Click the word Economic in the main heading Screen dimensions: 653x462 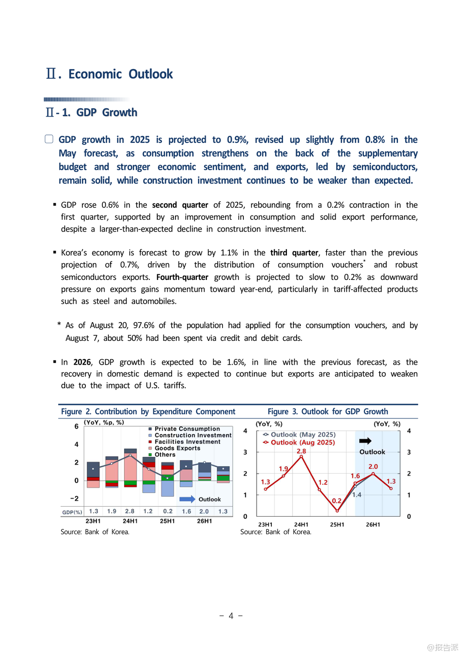pos(95,74)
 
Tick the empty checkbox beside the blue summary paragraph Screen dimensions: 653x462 pos(49,139)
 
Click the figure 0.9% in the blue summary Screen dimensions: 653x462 pos(237,140)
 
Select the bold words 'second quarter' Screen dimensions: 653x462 pos(180,205)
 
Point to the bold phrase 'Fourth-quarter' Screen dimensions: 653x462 pos(182,277)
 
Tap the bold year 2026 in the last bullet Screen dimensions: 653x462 pos(82,362)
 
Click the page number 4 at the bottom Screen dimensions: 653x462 pos(231,616)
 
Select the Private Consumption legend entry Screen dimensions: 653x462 pos(187,429)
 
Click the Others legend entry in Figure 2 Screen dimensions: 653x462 pos(165,455)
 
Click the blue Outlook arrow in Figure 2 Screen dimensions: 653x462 pos(187,499)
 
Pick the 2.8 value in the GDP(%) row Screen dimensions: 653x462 pos(130,512)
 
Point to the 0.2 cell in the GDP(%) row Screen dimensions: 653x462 pos(168,512)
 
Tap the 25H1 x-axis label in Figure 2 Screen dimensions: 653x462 pos(167,521)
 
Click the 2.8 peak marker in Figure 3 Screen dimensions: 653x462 pos(301,456)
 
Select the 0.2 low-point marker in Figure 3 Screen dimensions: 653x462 pos(337,511)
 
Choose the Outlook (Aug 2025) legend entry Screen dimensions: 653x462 pos(302,443)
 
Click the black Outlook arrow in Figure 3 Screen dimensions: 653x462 pos(365,441)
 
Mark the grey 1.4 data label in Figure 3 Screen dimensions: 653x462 pos(357,495)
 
